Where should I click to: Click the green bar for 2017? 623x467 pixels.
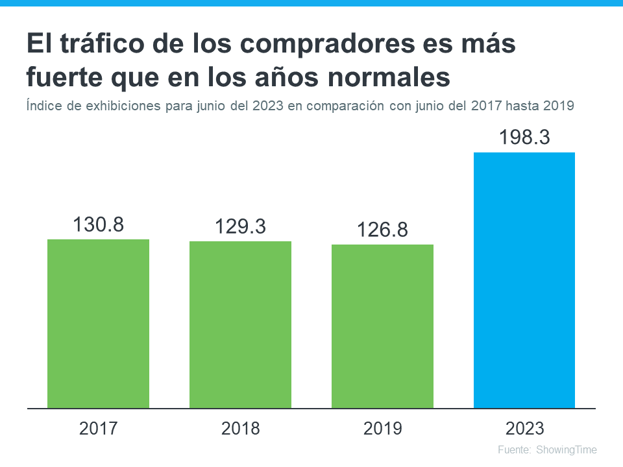[x=98, y=324]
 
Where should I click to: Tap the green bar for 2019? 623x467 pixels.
[x=382, y=326]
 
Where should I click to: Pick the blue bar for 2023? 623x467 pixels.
[x=524, y=280]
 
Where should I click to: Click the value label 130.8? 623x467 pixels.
[x=98, y=225]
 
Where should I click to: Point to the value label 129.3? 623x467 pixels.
[x=240, y=227]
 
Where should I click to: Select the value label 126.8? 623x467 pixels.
[x=382, y=230]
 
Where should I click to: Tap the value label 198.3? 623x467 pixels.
[x=524, y=138]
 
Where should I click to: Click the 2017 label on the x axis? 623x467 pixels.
[x=98, y=429]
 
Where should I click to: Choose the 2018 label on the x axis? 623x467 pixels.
[x=240, y=429]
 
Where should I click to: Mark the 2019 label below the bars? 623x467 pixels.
[x=382, y=429]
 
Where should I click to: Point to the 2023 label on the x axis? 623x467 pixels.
[x=524, y=429]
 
